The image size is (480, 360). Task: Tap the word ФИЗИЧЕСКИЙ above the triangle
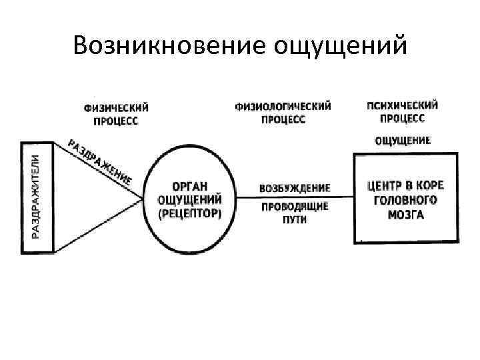coord(116,108)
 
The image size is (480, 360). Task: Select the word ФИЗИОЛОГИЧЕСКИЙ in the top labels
coord(283,107)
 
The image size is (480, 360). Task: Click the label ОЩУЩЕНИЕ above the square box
coord(403,141)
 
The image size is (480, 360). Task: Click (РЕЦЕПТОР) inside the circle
coord(190,213)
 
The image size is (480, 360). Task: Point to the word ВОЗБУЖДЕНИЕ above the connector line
coord(295,188)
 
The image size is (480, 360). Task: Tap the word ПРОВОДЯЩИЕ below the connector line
coord(295,207)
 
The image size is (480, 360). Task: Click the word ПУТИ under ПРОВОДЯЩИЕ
coord(294,219)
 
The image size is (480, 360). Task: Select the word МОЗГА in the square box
coord(405,215)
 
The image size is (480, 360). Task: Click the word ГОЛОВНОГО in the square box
coord(405,200)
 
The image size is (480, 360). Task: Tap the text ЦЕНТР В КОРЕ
coord(405,185)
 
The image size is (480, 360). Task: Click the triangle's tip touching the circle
coord(142,197)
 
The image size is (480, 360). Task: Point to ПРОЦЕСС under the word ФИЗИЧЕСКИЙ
coord(116,121)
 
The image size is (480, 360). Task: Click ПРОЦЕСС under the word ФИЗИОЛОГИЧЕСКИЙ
coord(283,119)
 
